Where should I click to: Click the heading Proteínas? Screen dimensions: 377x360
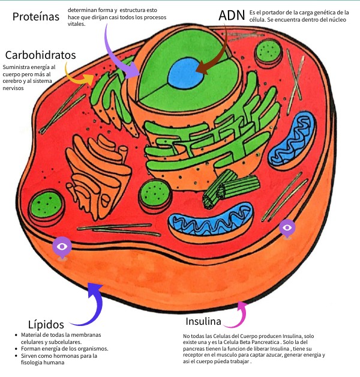click(36, 17)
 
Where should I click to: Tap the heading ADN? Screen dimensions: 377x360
click(231, 16)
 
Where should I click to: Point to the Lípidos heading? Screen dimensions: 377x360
click(46, 324)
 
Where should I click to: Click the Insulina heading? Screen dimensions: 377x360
click(203, 321)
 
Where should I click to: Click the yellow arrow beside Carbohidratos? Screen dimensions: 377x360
click(78, 77)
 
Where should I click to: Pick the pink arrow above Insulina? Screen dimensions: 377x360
click(241, 313)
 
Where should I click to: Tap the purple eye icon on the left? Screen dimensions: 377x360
click(62, 247)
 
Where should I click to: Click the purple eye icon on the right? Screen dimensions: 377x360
click(287, 228)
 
